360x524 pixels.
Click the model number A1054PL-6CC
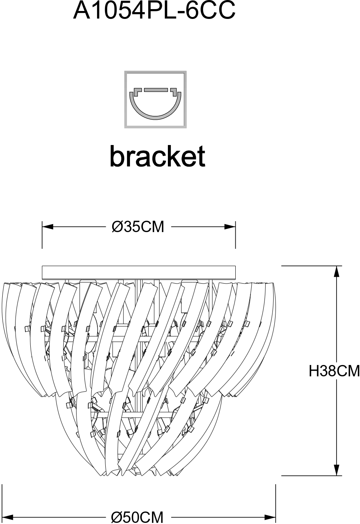tap(154, 11)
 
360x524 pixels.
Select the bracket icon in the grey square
tap(156, 99)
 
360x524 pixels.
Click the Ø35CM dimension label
tap(138, 227)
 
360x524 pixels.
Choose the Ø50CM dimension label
tap(138, 517)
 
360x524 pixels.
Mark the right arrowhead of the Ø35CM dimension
tap(230, 227)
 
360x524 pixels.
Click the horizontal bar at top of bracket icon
tap(156, 90)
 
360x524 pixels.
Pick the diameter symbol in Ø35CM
tap(117, 227)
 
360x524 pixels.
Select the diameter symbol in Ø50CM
tap(116, 517)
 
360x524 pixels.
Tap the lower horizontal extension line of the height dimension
tap(311, 476)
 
